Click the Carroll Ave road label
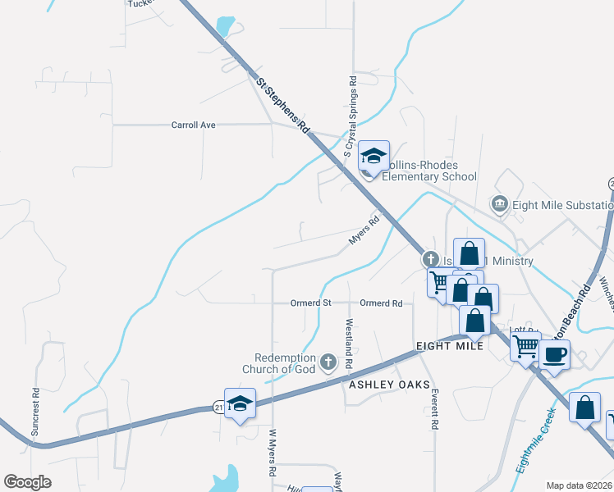[193, 125]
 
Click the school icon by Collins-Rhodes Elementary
[373, 156]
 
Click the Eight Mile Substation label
[562, 205]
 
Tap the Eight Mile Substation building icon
[497, 203]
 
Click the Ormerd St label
[310, 303]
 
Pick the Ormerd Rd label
[381, 303]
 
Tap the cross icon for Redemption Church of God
[328, 362]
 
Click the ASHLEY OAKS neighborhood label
[384, 384]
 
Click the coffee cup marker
[555, 354]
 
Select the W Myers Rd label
[273, 453]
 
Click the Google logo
[28, 482]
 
